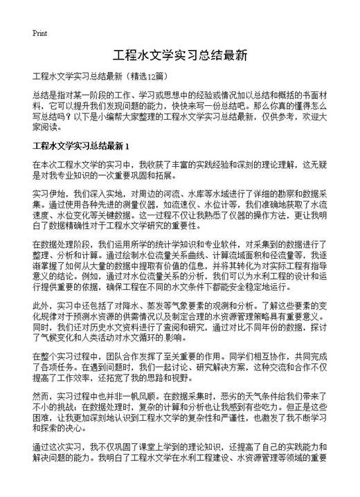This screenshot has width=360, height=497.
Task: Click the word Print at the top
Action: (x=39, y=33)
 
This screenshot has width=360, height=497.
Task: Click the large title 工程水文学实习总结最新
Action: (x=179, y=55)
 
